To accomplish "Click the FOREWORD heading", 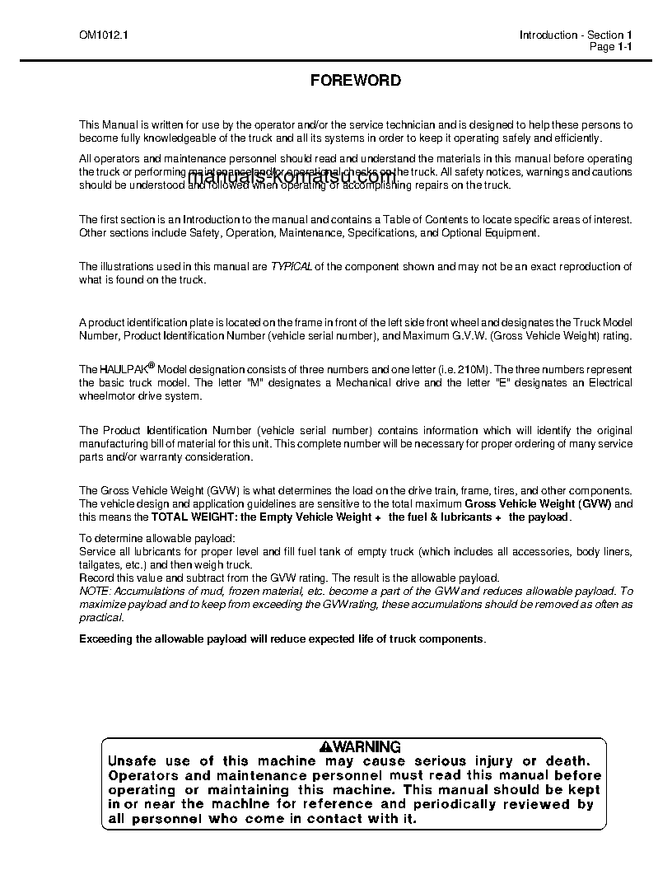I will coord(356,81).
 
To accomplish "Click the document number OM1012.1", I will coord(99,35).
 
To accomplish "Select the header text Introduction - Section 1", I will coord(575,35).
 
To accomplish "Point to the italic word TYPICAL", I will coord(292,267).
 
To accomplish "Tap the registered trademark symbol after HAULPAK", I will coord(151,364).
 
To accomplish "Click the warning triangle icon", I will coord(326,747).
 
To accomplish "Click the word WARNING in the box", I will coord(366,747).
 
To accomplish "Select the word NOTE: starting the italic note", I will coord(94,592).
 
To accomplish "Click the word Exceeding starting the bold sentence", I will coord(105,639).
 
